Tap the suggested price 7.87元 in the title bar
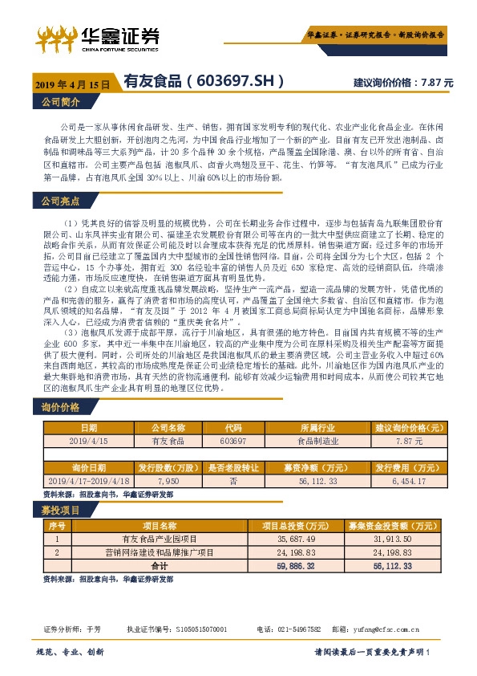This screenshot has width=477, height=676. (438, 83)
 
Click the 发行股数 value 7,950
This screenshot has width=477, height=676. (168, 479)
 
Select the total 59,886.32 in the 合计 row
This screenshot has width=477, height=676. (292, 566)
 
